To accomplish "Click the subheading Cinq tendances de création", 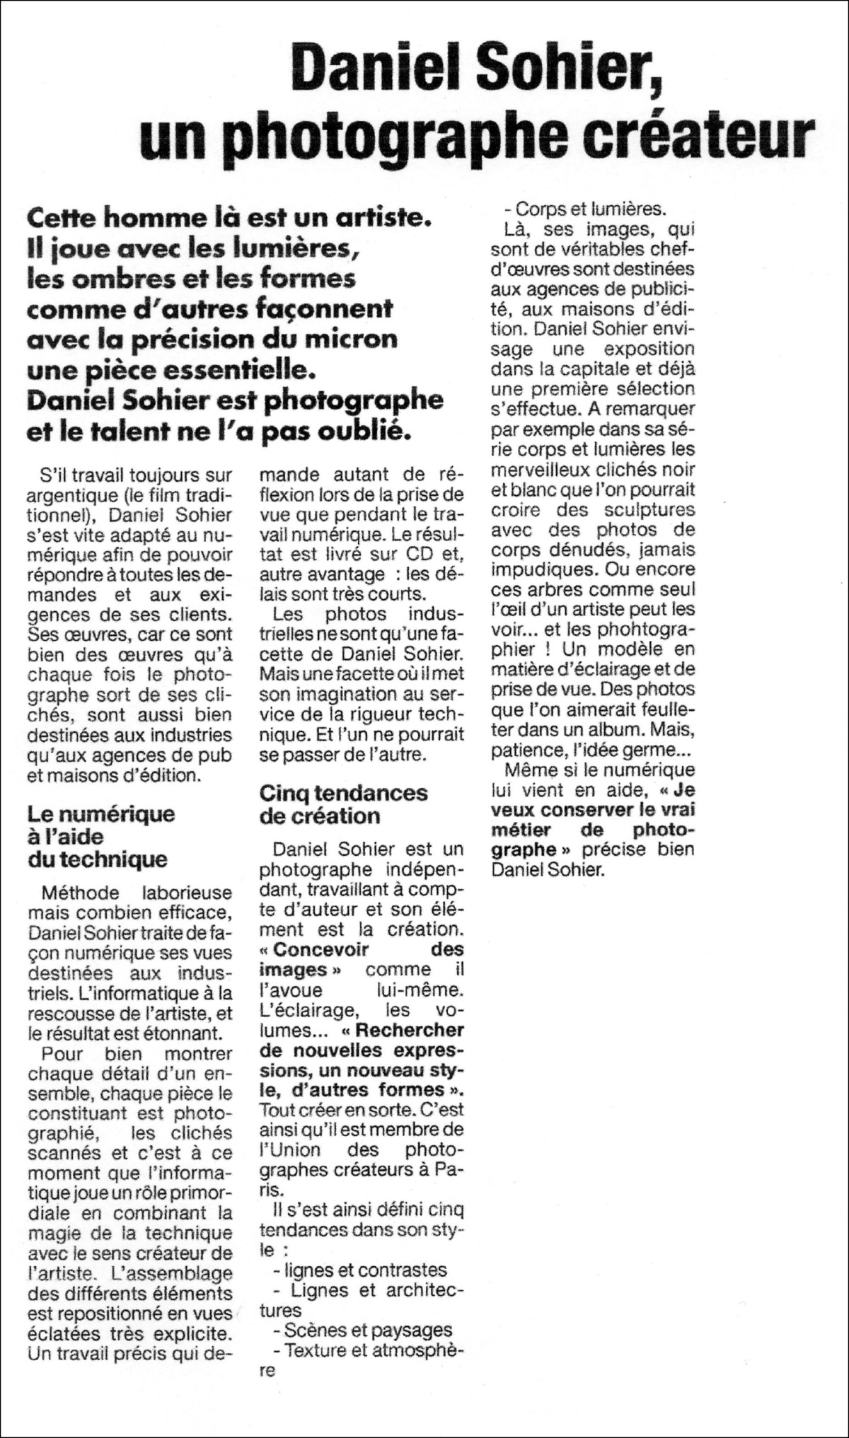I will click(x=343, y=804).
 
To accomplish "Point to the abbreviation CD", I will click(x=422, y=554).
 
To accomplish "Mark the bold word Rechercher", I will click(x=410, y=1029).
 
